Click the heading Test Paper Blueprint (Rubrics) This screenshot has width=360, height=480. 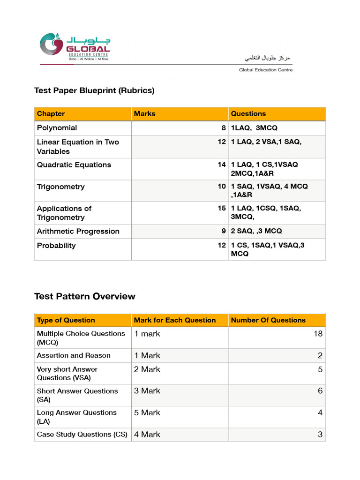coord(94,90)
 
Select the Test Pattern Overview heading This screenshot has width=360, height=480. coord(85,296)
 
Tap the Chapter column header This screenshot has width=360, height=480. coord(51,114)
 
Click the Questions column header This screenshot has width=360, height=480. coord(248,114)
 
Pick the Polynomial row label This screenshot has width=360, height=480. coord(57,128)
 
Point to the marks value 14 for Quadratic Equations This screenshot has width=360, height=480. coord(222,165)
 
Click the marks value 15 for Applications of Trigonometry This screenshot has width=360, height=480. coord(222,208)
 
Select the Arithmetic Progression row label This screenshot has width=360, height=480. coord(78,232)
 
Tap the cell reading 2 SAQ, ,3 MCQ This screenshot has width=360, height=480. coord(256,232)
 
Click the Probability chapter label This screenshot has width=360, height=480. coord(56,246)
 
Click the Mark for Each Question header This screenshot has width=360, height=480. coord(175,321)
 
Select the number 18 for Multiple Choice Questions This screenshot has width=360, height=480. coord(318,334)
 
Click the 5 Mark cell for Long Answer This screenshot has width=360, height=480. coord(147,412)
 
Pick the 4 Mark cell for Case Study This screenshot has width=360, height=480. coord(147,435)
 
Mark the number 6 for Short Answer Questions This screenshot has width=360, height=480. coord(320,391)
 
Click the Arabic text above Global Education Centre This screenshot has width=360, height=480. coord(268,58)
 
